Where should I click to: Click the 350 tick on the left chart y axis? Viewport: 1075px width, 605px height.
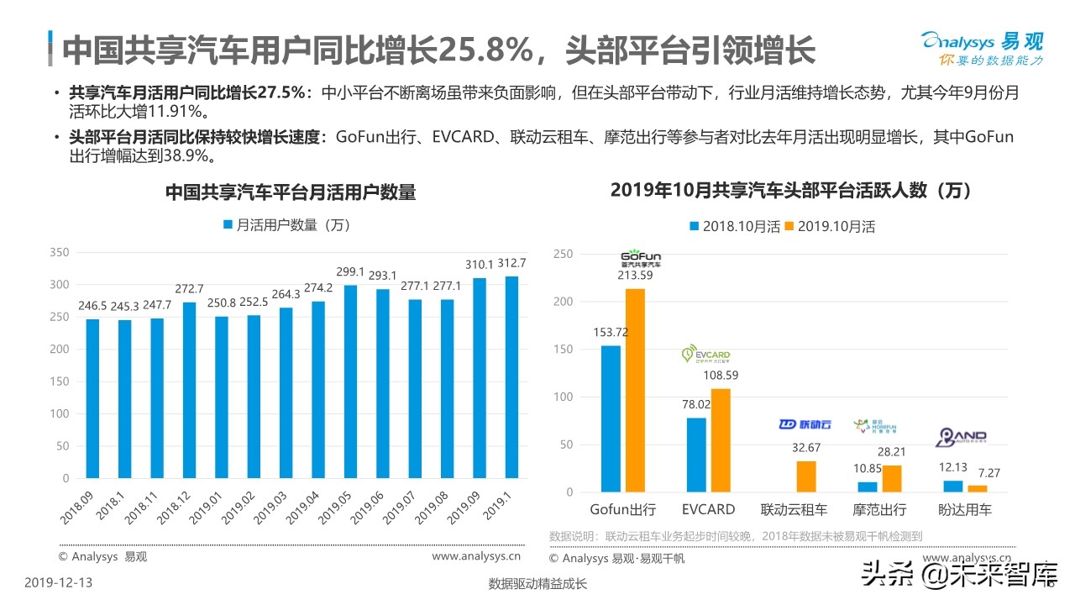click(59, 252)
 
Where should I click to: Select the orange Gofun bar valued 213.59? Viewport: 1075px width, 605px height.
click(635, 390)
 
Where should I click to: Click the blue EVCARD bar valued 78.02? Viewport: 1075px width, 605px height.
click(696, 455)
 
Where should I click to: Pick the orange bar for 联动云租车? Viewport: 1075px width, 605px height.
click(805, 476)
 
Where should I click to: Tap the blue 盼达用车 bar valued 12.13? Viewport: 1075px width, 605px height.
click(953, 487)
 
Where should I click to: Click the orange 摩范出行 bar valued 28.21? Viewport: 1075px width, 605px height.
click(891, 478)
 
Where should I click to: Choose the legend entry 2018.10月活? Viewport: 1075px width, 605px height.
click(735, 226)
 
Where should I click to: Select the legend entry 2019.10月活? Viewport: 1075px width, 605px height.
click(830, 226)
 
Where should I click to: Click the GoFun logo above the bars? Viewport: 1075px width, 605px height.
click(641, 258)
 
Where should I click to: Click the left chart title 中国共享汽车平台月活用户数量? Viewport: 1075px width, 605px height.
click(290, 192)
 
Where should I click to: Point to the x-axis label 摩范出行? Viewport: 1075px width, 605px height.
click(879, 509)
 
